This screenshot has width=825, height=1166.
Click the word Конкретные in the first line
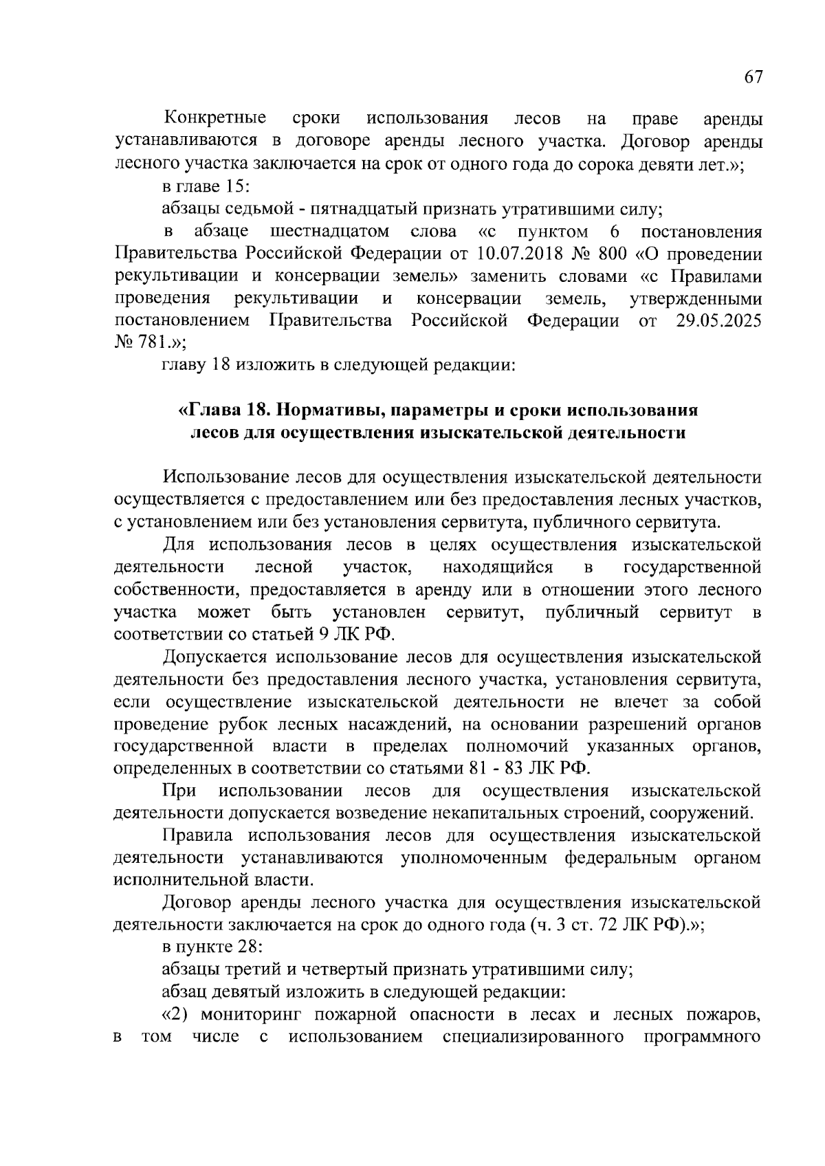[214, 119]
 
